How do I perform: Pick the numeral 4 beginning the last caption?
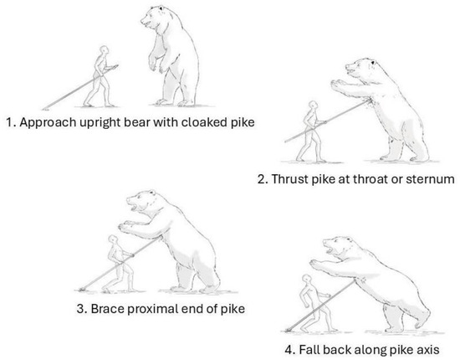(x=289, y=350)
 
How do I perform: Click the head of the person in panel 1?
(x=104, y=50)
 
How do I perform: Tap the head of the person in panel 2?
(x=313, y=105)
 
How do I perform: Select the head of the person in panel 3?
(x=112, y=239)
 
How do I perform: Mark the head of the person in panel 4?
(x=307, y=279)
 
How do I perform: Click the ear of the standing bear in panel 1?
(x=161, y=8)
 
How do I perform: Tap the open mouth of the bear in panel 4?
(x=330, y=250)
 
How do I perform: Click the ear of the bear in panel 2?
(x=372, y=62)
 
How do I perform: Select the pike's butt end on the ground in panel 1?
(x=44, y=109)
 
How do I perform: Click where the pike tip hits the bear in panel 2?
(x=369, y=101)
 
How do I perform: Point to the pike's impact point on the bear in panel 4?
(x=355, y=280)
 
